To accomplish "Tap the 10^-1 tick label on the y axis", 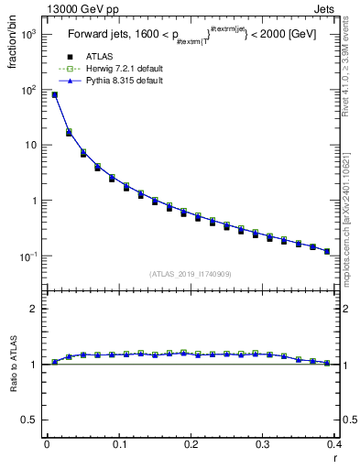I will [27, 256].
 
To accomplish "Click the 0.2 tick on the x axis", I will [191, 443].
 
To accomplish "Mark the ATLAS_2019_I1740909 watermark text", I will [191, 274].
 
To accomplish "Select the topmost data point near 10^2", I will [54, 94].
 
